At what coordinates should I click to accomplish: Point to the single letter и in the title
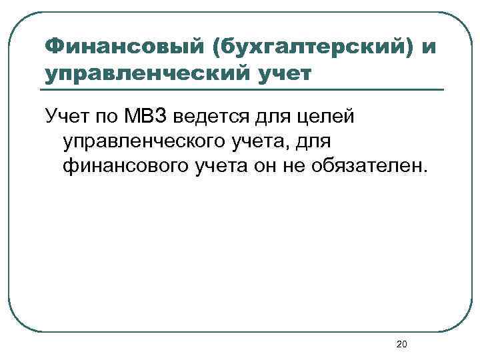point(429,47)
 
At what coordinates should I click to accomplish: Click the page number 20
point(401,344)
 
